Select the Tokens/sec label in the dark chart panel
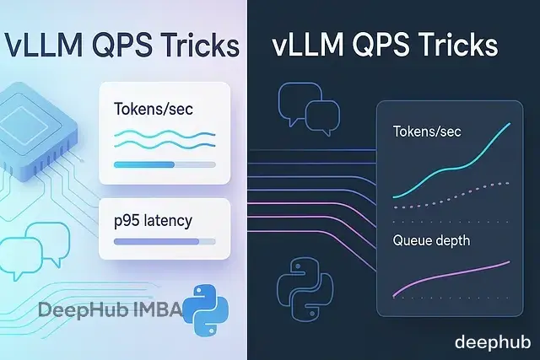(427, 132)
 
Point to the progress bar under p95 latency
(164, 242)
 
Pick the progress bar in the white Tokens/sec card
(164, 164)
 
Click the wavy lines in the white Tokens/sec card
(164, 137)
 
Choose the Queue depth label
(430, 240)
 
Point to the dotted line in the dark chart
(456, 196)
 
